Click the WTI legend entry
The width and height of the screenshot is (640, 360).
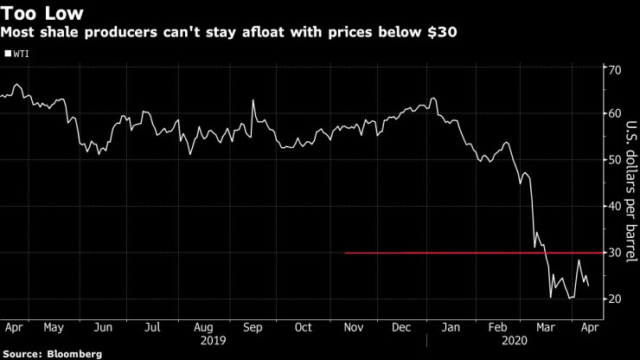click(x=20, y=53)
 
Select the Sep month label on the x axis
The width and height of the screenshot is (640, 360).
click(x=252, y=328)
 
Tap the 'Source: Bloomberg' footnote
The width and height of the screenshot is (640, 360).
click(x=52, y=354)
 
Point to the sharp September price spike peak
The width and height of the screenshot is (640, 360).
click(x=253, y=100)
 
